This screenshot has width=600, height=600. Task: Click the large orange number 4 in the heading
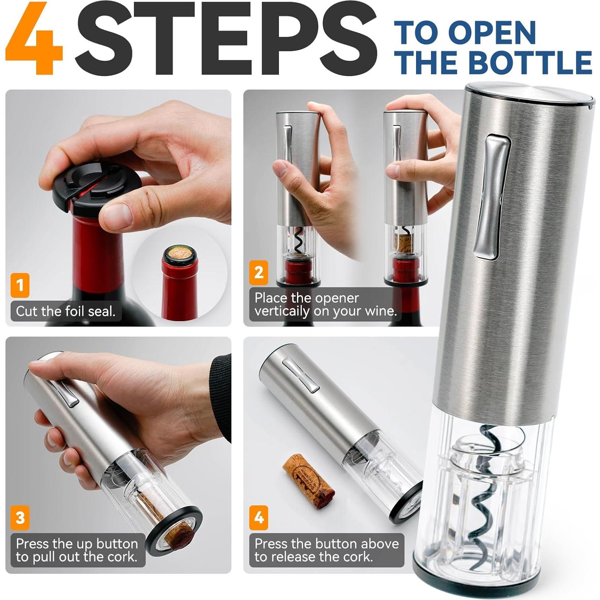(x=34, y=39)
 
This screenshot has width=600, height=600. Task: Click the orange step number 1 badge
(x=20, y=285)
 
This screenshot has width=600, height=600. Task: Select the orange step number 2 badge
(x=259, y=272)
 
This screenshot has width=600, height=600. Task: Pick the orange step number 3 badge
(x=20, y=517)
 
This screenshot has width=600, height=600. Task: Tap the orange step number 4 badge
(x=259, y=517)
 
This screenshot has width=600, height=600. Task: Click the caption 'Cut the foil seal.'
(x=66, y=311)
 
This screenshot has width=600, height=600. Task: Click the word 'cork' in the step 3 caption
(x=120, y=557)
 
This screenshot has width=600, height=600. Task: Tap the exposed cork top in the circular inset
(x=180, y=253)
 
